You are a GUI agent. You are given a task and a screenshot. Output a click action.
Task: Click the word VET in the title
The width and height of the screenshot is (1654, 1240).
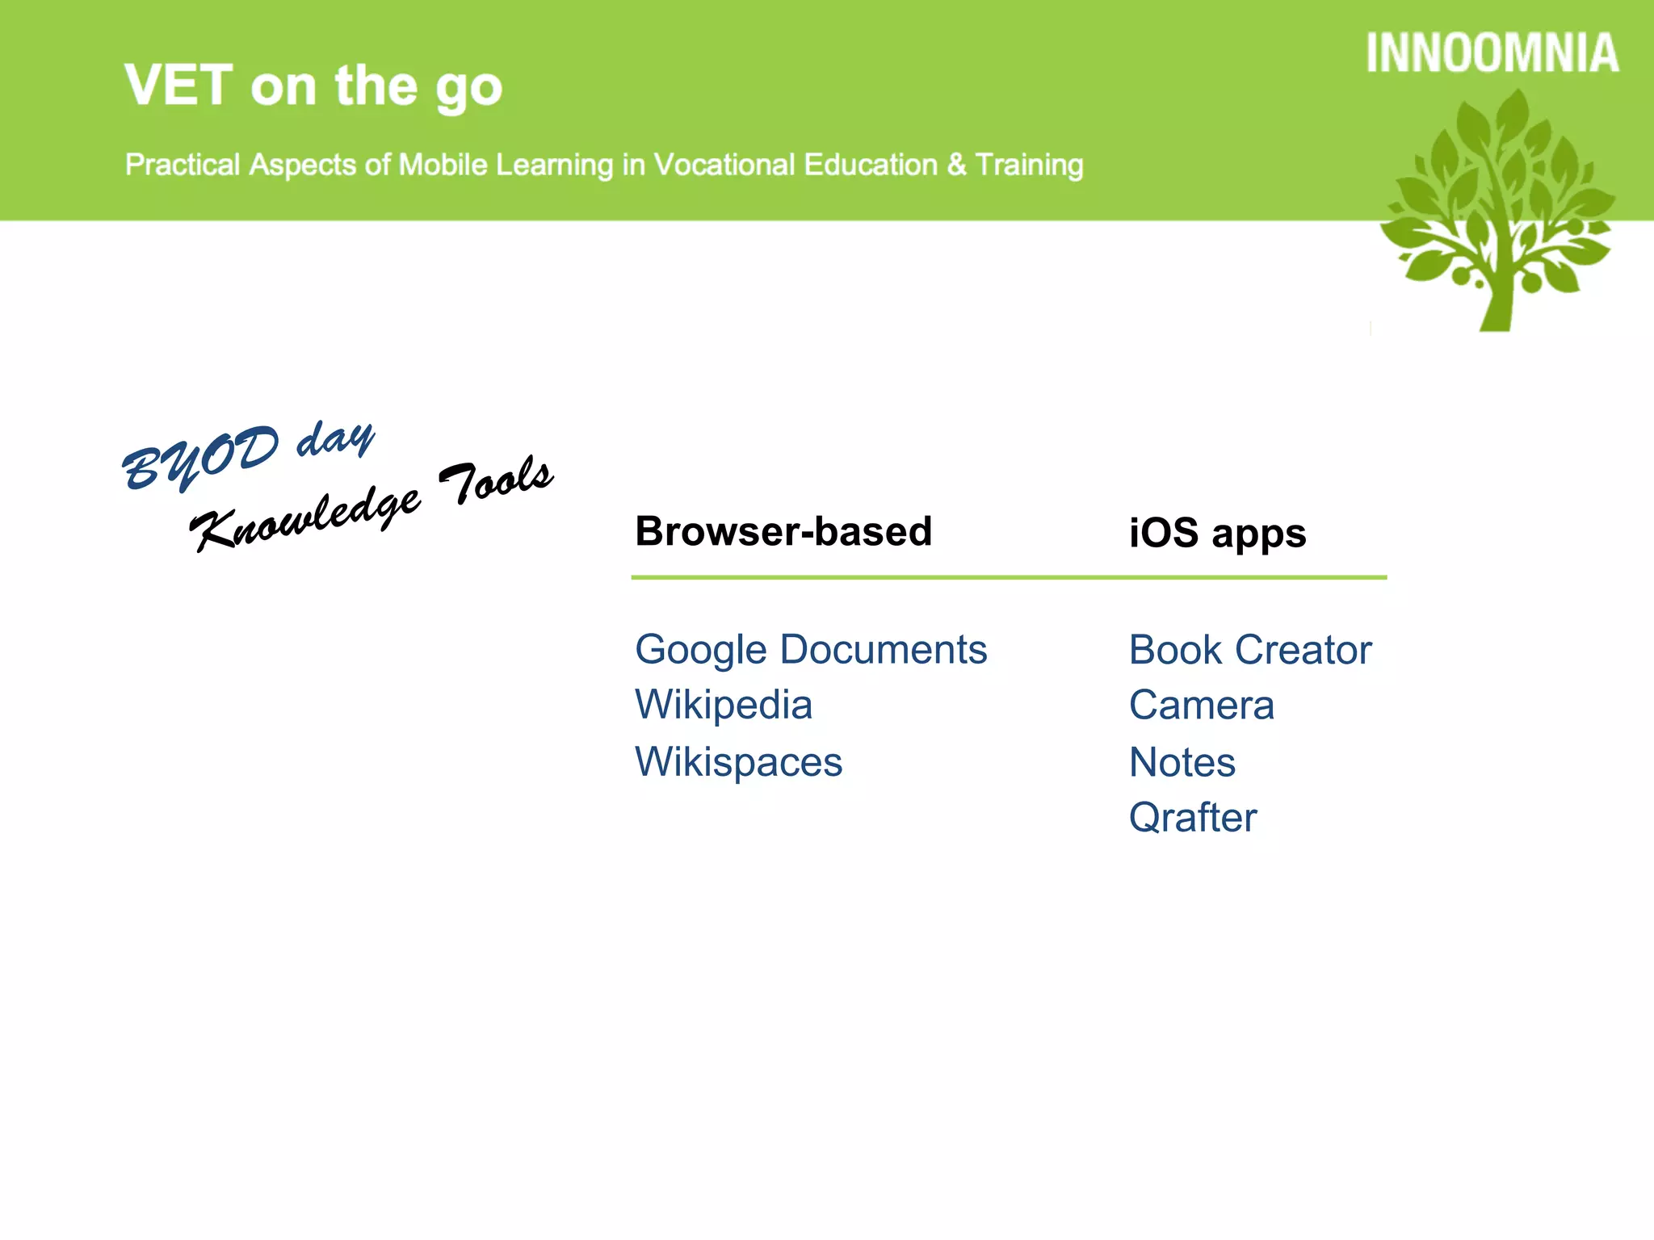(x=178, y=86)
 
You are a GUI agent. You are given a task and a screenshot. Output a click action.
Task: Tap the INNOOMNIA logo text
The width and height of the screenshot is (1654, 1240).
(x=1492, y=54)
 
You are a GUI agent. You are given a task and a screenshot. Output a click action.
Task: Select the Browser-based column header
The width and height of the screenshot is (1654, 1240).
(x=783, y=531)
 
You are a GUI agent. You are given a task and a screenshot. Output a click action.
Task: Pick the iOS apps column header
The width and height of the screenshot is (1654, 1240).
(x=1217, y=533)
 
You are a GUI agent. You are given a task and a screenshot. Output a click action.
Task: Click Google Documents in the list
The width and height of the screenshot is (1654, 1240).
(x=811, y=650)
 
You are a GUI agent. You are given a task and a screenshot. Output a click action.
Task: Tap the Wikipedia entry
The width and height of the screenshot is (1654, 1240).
(x=724, y=705)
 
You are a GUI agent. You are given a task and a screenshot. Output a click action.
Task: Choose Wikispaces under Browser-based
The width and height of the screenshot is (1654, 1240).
(x=738, y=762)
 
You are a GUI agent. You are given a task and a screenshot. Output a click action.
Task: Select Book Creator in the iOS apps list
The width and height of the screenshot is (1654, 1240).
(x=1250, y=650)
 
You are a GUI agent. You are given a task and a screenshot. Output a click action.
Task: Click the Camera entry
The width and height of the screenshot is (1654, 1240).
(x=1202, y=706)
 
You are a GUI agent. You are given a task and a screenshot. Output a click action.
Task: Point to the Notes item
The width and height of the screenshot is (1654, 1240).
(x=1182, y=762)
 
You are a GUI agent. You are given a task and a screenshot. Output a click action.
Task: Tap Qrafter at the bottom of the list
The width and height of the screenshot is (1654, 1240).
(x=1193, y=818)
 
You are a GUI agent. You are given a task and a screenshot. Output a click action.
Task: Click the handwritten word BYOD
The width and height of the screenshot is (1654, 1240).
(x=201, y=459)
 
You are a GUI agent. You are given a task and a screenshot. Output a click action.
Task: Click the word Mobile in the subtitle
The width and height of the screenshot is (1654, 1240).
(x=443, y=165)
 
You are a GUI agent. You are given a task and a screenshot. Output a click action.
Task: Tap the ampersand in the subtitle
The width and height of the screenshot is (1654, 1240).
(x=956, y=165)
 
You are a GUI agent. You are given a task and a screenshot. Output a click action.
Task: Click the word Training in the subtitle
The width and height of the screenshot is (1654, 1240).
(x=1029, y=165)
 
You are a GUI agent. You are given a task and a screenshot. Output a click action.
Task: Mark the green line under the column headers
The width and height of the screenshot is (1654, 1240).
(x=1009, y=577)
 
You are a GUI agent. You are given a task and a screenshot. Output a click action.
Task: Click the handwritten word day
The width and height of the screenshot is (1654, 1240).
(x=336, y=439)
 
